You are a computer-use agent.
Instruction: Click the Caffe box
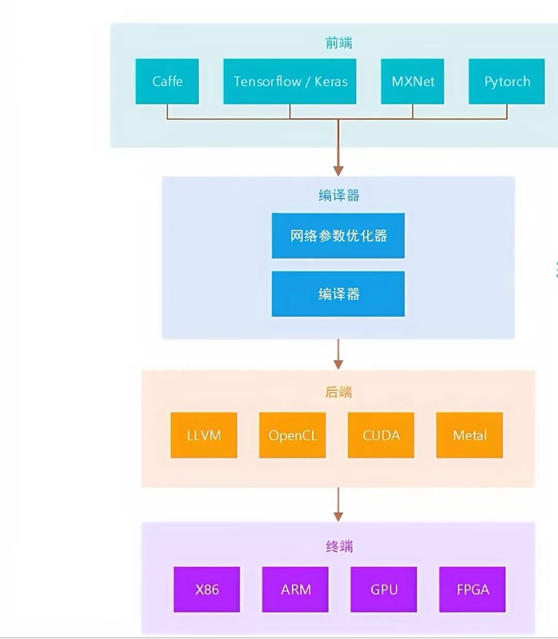(167, 81)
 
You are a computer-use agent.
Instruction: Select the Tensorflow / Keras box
(289, 81)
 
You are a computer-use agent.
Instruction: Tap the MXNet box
(412, 81)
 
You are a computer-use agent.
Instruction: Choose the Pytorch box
(506, 81)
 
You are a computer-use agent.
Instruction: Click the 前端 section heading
(338, 43)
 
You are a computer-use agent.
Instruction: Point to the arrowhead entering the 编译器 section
(338, 170)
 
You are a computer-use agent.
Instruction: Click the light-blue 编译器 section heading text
(338, 195)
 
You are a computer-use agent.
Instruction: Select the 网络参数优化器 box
(338, 235)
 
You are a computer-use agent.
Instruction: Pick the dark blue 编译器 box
(338, 294)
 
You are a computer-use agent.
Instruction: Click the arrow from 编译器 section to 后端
(338, 354)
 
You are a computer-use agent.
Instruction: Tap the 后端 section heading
(338, 392)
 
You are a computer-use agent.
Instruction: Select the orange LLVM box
(204, 435)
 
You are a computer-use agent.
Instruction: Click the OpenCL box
(292, 435)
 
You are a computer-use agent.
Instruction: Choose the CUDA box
(381, 435)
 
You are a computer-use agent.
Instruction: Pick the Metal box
(469, 435)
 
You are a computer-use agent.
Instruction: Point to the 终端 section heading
(339, 546)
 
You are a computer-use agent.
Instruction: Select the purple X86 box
(207, 589)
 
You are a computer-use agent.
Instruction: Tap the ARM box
(295, 589)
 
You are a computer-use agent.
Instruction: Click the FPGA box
(472, 589)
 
